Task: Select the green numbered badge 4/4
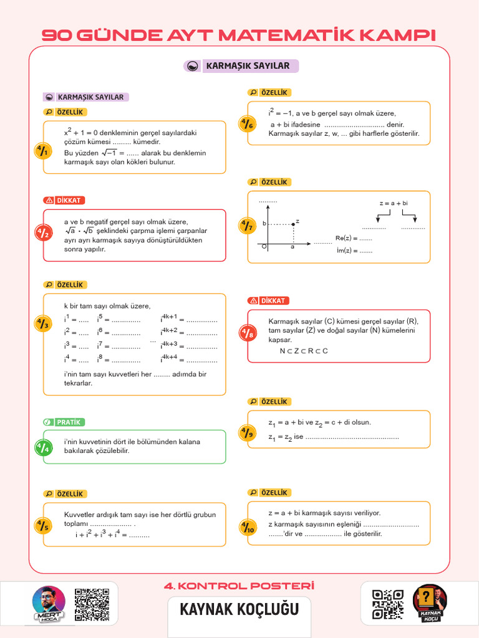[43, 447]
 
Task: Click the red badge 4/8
[248, 334]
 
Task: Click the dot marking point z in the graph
[294, 223]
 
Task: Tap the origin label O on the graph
[264, 247]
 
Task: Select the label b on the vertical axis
[264, 223]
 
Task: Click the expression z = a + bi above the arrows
[394, 204]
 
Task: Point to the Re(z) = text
[353, 238]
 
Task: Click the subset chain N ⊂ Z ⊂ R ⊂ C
[304, 351]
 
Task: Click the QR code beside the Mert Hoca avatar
[92, 604]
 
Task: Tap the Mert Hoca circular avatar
[49, 603]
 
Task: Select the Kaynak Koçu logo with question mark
[430, 603]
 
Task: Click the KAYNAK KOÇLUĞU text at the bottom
[239, 609]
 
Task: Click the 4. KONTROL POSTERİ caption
[239, 586]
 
